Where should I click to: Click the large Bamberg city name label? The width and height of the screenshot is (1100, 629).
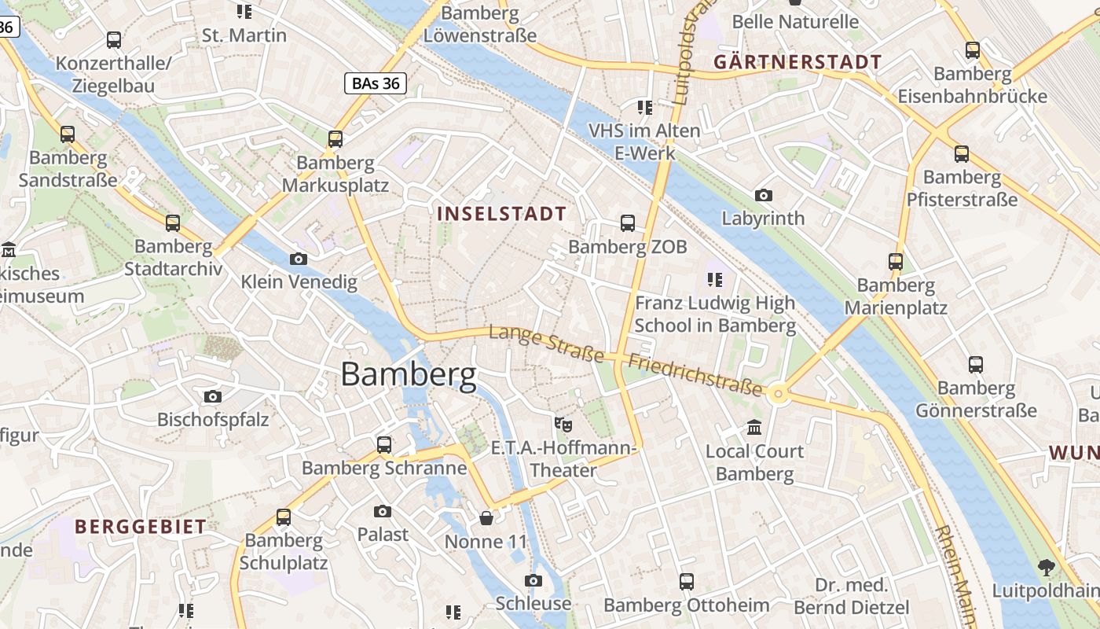tap(408, 374)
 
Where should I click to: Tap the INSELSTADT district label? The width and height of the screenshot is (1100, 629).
tap(501, 214)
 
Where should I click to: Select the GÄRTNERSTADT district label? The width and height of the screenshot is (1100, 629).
tap(797, 62)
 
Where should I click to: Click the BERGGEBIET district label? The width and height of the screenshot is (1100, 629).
tap(141, 527)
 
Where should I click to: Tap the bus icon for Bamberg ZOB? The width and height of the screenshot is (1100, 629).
tap(627, 223)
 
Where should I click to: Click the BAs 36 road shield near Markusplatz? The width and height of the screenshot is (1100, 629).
tap(375, 83)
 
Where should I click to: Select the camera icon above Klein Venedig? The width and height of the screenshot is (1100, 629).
tap(299, 259)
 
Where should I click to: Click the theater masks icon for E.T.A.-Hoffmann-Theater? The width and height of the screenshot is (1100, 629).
tap(562, 425)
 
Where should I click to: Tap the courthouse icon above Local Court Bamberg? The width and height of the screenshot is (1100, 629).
tap(754, 428)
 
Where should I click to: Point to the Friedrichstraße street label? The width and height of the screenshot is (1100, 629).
tap(695, 374)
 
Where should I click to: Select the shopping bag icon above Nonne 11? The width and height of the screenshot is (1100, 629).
tap(486, 519)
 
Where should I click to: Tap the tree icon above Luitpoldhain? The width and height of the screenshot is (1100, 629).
tap(1046, 567)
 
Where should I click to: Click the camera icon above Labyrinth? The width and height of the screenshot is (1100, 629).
tap(763, 195)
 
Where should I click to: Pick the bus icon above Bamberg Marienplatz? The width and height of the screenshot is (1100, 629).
tap(896, 262)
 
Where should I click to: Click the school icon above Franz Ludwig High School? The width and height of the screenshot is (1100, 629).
tap(714, 279)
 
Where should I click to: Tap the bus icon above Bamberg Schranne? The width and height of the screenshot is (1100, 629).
tap(383, 444)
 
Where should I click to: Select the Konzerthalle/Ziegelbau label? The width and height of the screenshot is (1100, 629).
tap(113, 75)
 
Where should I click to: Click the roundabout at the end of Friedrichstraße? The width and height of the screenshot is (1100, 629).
tap(779, 394)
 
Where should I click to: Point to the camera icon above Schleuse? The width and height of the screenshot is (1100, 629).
tap(533, 581)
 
